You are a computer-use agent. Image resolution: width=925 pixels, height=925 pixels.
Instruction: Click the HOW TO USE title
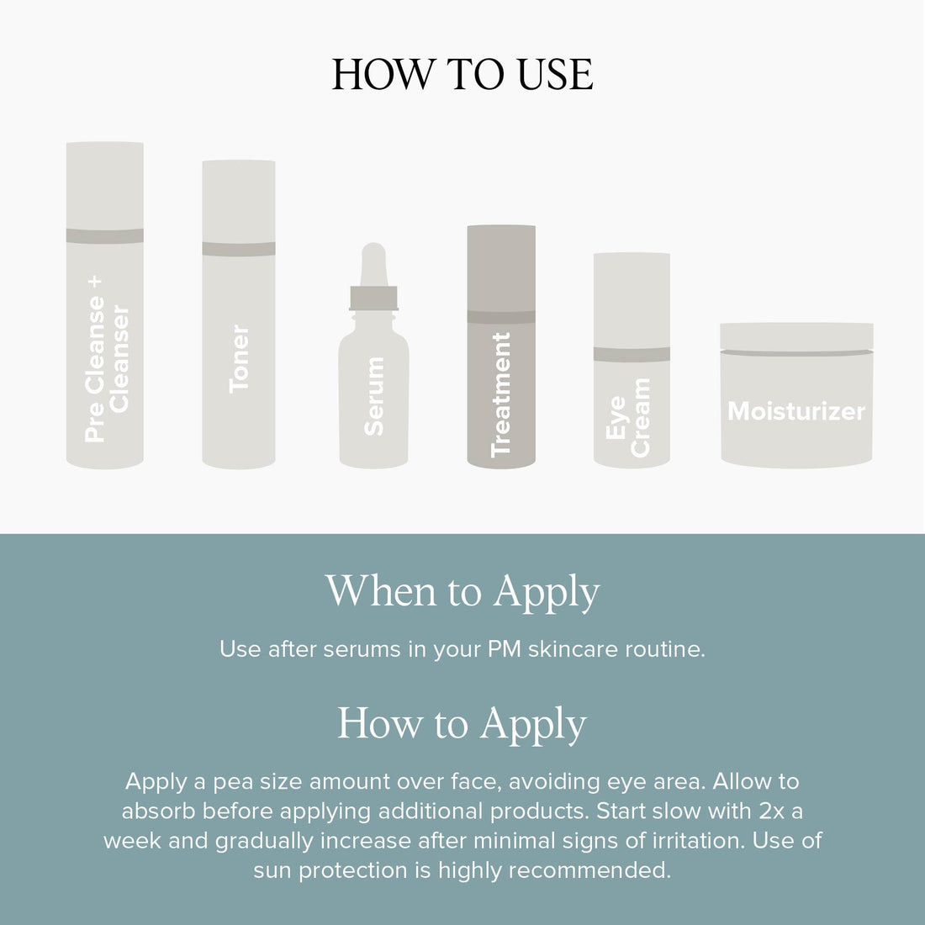coord(462,75)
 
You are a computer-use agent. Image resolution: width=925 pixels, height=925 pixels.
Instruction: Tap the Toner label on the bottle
coord(239,358)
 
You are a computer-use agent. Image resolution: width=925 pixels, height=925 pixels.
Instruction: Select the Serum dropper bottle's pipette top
coord(373,264)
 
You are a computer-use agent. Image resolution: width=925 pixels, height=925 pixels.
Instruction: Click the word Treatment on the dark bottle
coord(501,394)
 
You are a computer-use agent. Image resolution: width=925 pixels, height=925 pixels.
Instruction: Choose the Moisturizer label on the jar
coord(795,411)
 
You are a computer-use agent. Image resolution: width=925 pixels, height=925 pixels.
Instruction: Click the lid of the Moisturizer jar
coord(796,337)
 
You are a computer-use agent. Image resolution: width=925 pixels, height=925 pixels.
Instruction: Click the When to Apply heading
coord(462,592)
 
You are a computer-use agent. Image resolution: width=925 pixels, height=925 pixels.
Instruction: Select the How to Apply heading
coord(462,724)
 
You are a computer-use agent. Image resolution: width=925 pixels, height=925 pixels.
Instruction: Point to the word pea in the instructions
coord(232,782)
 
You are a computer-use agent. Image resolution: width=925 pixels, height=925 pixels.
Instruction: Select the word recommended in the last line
coord(589,870)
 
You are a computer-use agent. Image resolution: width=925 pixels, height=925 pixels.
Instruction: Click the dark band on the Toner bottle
coord(239,249)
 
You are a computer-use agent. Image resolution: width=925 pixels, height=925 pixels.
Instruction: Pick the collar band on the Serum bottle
coord(373,298)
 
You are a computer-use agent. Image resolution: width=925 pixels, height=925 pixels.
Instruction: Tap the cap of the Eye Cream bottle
coord(632,299)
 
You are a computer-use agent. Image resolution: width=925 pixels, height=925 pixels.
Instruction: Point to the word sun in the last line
coord(272,870)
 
